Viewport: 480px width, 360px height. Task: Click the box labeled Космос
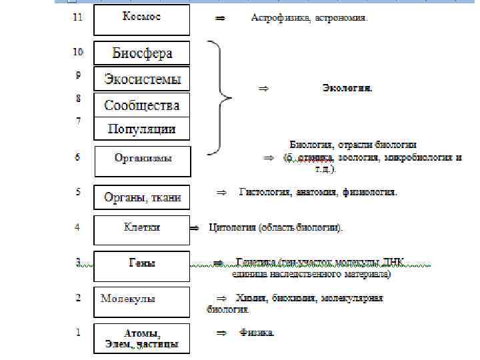(x=141, y=20)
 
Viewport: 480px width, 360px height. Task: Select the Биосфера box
(x=142, y=53)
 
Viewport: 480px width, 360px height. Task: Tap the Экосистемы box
(x=142, y=79)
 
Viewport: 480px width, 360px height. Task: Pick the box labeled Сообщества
(x=142, y=105)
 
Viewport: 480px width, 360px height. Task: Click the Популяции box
(x=142, y=129)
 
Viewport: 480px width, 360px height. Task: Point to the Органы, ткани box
(x=142, y=197)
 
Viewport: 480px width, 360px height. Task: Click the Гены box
(x=141, y=265)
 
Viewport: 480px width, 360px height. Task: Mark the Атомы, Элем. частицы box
(x=141, y=339)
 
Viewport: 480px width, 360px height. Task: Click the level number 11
(x=77, y=18)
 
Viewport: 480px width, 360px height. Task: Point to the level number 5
(x=78, y=192)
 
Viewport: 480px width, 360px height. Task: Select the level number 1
(x=78, y=331)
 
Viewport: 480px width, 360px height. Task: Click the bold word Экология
(x=347, y=87)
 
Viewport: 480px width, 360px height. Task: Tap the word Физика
(x=257, y=332)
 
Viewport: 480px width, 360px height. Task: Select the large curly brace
(x=220, y=97)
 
